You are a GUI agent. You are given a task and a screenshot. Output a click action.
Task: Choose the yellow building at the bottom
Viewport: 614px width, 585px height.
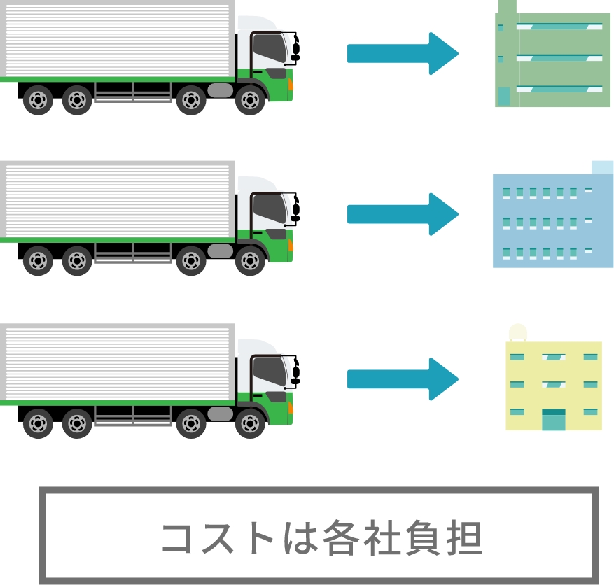point(553,385)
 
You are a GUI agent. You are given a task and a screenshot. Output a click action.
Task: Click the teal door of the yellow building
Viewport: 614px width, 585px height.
point(553,420)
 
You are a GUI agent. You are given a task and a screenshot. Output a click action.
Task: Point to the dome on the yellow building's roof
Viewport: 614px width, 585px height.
point(518,332)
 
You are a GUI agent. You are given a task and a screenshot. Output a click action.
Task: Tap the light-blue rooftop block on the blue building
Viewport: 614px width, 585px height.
point(602,168)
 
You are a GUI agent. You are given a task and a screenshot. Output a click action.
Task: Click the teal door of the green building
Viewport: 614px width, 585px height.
point(503,97)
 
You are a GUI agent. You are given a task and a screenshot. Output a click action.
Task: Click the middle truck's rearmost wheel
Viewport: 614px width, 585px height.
point(37,262)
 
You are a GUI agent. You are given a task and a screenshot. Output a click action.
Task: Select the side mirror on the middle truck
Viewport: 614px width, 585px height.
point(295,207)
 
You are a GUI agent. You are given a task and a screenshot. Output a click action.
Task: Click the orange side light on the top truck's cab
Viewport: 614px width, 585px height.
point(290,84)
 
